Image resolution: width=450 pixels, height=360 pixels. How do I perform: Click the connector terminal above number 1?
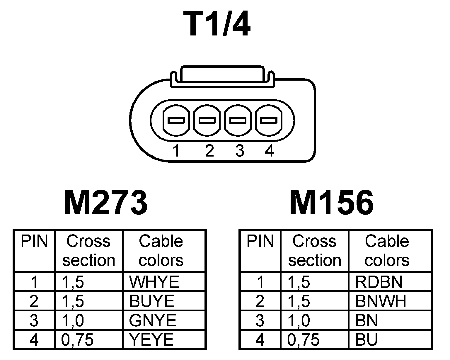(x=176, y=120)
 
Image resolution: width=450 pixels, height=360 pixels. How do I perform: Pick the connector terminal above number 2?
(x=207, y=120)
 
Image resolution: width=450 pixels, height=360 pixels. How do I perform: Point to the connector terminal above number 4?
(x=269, y=120)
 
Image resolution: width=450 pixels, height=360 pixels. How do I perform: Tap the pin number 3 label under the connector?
(x=240, y=151)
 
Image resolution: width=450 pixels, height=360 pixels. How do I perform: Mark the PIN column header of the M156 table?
(x=260, y=242)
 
